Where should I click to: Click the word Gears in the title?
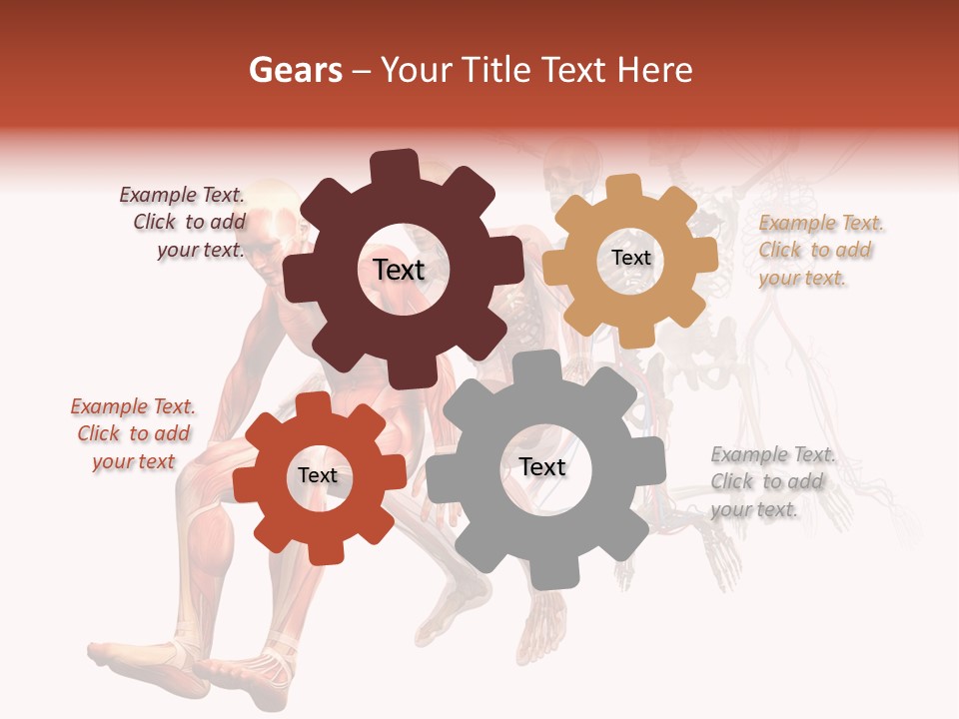294,70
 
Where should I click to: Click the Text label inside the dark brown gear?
399,270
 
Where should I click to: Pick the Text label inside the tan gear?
630,258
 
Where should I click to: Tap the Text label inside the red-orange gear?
317,475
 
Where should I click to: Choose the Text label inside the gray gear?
542,467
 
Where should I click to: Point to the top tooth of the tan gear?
624,188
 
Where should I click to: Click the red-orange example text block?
133,434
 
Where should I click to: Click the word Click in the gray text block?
731,481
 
